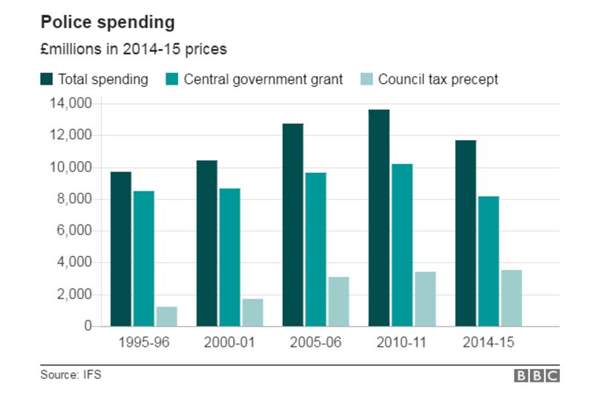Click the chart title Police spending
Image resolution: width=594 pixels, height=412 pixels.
(108, 23)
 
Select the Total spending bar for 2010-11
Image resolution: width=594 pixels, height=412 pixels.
(379, 218)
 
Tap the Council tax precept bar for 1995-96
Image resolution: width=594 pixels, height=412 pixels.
(167, 316)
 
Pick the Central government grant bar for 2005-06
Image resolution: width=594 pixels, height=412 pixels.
(316, 249)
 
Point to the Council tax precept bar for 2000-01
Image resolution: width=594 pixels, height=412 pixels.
(252, 313)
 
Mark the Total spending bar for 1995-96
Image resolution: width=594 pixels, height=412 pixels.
(121, 249)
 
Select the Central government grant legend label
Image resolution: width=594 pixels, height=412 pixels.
(264, 79)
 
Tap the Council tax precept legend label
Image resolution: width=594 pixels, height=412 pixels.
(438, 79)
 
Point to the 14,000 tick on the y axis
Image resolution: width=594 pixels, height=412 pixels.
(72, 104)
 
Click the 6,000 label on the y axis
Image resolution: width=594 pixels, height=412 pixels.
(75, 231)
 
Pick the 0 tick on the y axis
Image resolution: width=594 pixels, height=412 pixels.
(87, 326)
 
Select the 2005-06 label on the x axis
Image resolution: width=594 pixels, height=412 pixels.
(315, 342)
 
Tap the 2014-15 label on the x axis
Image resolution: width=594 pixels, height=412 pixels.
(488, 342)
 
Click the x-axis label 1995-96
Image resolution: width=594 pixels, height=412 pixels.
(144, 342)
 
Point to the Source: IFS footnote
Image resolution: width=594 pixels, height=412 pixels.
(71, 375)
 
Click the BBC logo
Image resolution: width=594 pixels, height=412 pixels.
(536, 376)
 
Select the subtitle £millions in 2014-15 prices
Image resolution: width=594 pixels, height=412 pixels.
(133, 50)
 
